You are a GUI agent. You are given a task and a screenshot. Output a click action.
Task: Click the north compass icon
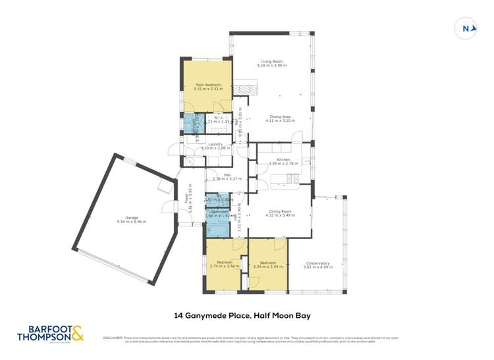tap(466, 28)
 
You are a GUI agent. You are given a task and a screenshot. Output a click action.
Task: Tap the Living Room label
tap(271, 62)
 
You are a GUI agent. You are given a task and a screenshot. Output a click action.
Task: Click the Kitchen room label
tap(283, 159)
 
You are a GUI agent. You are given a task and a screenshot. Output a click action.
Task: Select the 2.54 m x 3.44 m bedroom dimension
tap(267, 266)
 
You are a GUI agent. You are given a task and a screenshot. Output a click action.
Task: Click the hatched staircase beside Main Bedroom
tap(248, 89)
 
